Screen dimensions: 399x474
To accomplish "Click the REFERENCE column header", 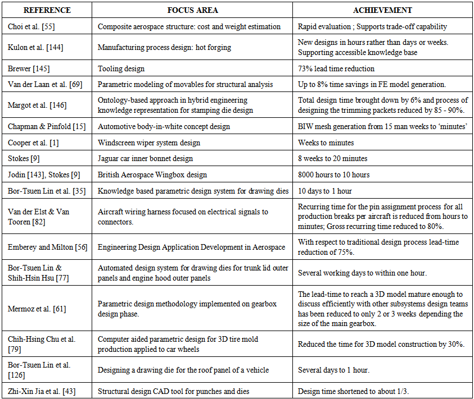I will pyautogui.click(x=47, y=10).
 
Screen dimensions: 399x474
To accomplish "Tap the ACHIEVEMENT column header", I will pyautogui.click(x=382, y=10).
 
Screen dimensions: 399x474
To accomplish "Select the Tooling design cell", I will pyautogui.click(x=121, y=68).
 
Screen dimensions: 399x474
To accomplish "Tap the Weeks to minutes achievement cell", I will pyautogui.click(x=326, y=142).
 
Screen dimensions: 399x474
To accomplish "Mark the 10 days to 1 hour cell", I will pyautogui.click(x=325, y=190).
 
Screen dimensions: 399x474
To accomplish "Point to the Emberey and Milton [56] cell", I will pyautogui.click(x=48, y=247).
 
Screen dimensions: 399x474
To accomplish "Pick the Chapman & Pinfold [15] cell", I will pyautogui.click(x=47, y=126).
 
